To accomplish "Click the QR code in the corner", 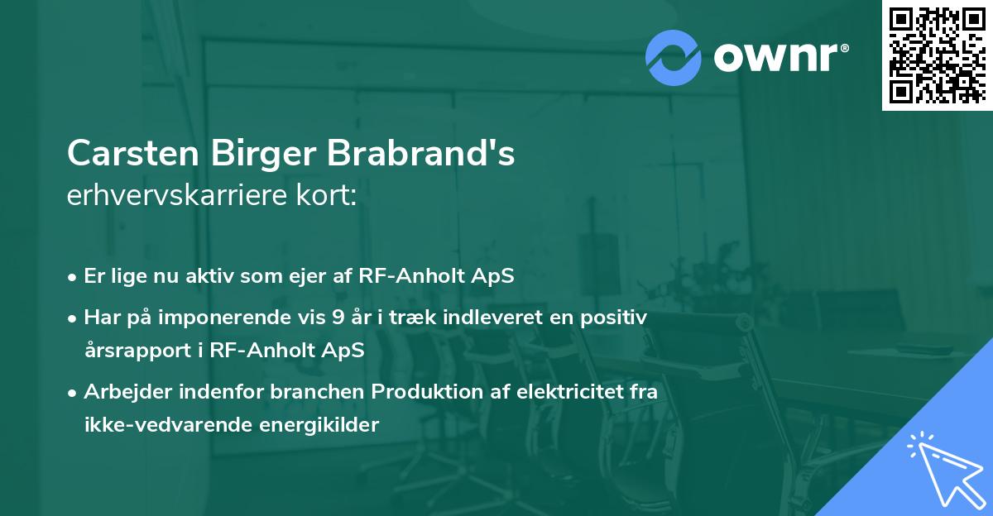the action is coord(937,55).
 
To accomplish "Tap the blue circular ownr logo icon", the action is coord(673,58).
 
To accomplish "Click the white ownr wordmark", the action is coord(775,57).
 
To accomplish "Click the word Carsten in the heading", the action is coord(133,153).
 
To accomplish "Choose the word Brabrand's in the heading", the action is coord(421,153).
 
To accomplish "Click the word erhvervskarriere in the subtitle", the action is coord(177,195).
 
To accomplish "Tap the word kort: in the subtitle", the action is coord(326,195).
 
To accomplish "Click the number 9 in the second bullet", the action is coord(338,318).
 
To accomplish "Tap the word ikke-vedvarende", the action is coord(169,425).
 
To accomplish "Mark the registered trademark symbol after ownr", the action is coord(844,48).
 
